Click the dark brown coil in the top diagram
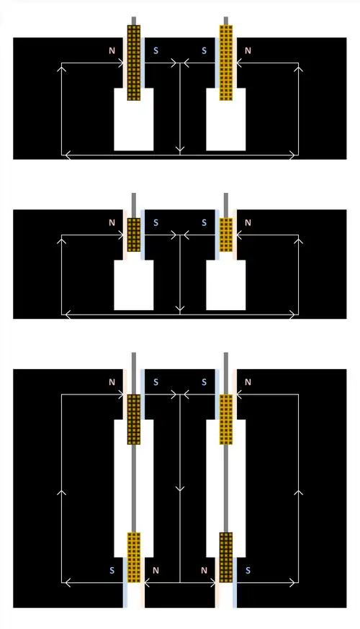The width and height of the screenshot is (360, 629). tap(134, 63)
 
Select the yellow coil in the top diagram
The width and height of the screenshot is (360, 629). tap(226, 63)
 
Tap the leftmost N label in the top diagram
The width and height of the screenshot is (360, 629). tap(112, 50)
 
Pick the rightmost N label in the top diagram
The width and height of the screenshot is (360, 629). tap(248, 50)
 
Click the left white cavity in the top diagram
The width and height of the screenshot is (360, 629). tap(134, 119)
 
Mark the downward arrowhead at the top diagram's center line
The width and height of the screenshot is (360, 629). tap(180, 150)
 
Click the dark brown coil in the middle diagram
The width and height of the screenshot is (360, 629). tap(134, 235)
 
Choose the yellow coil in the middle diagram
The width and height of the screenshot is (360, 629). tap(226, 235)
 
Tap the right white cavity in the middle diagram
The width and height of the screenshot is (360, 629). tap(226, 285)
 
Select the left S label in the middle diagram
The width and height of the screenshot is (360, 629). tap(156, 222)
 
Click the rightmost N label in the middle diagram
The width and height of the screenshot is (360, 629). tap(248, 222)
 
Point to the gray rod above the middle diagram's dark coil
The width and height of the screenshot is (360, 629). tap(134, 205)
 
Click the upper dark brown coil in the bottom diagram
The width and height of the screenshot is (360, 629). tap(134, 419)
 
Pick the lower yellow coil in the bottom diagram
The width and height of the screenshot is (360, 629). tap(134, 557)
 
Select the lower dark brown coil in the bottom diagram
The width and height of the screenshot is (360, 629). tap(226, 557)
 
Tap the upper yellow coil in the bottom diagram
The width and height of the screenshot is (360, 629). tap(226, 419)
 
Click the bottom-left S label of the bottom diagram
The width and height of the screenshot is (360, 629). tap(112, 571)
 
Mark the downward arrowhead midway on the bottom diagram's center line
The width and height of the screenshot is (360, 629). tap(180, 489)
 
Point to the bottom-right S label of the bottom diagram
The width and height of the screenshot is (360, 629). tap(248, 571)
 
